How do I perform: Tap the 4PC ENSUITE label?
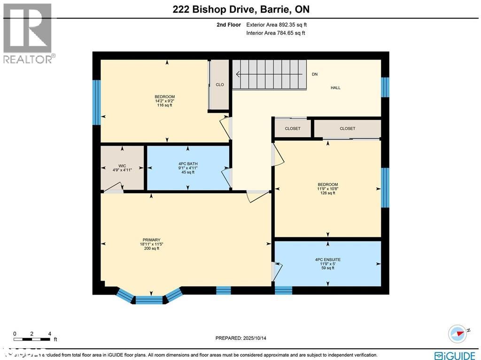(327, 259)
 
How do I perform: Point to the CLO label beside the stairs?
(219, 85)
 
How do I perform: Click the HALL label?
(335, 88)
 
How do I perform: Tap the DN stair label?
(315, 74)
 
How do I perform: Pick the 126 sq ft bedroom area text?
(327, 193)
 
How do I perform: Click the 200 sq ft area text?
(151, 249)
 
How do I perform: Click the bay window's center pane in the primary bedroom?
(149, 300)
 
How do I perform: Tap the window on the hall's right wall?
(385, 87)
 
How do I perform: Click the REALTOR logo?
(28, 33)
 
